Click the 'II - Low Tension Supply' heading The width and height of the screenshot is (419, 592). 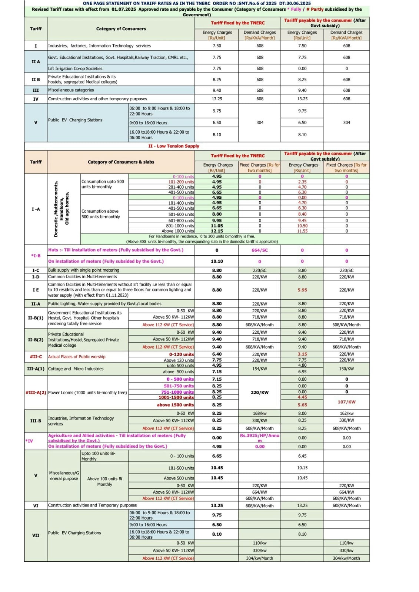[x=173, y=146]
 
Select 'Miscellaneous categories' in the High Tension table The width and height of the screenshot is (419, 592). [x=71, y=90]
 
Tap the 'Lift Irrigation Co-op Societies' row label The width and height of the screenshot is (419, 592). [x=75, y=68]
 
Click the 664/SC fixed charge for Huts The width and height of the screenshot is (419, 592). [x=259, y=250]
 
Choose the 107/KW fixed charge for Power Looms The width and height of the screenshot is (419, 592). [x=346, y=402]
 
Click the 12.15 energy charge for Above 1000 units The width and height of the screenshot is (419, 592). [x=217, y=231]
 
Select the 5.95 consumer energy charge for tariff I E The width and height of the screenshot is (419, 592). [x=302, y=290]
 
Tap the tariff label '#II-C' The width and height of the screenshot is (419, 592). [x=36, y=357]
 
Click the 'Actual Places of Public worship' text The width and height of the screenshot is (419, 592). [x=77, y=357]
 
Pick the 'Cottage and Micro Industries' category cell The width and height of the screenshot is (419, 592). [x=76, y=369]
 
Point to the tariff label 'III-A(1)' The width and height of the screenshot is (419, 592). [x=36, y=369]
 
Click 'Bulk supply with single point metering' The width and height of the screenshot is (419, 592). [x=84, y=270]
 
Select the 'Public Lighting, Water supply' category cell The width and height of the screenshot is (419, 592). [x=105, y=304]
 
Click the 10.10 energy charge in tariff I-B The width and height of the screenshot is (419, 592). [x=217, y=261]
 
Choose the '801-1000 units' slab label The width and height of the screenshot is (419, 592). [x=180, y=226]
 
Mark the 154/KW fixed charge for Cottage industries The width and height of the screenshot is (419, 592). [x=259, y=369]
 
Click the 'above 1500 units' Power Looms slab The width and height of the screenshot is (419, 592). [x=175, y=405]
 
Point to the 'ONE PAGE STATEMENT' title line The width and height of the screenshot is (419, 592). [x=197, y=3]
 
